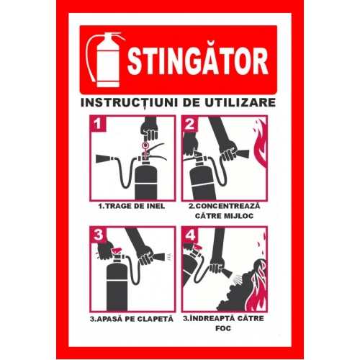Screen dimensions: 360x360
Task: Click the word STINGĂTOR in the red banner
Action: tap(197, 61)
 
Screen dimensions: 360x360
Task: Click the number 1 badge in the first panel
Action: tap(98, 124)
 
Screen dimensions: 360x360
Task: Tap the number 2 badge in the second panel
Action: tap(189, 124)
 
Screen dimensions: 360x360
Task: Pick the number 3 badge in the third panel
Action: tap(98, 235)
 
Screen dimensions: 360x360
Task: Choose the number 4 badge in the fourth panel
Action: tap(189, 235)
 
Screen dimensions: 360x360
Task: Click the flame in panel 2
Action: tap(259, 146)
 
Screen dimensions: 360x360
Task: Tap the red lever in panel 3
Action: tap(116, 251)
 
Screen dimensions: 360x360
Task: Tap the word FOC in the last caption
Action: tap(223, 328)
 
